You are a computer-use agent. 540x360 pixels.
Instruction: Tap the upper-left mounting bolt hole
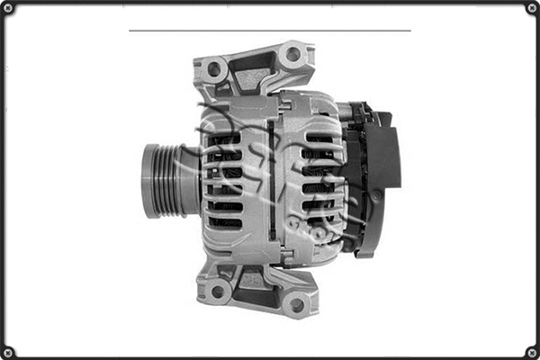pos(214,68)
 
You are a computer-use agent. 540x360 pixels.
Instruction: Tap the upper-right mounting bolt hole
pos(292,55)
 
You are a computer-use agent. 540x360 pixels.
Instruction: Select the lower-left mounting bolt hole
pos(216,291)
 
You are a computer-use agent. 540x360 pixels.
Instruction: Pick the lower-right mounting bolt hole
pos(295,305)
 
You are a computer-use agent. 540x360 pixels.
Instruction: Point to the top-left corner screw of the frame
pos(8,8)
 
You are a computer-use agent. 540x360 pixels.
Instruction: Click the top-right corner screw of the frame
pos(531,8)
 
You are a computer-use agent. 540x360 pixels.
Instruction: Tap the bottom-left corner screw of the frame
pos(8,351)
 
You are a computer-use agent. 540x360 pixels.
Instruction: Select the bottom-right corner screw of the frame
pos(531,351)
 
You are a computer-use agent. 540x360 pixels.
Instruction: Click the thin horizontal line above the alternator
pos(270,31)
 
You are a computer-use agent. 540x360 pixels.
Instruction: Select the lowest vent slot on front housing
pos(225,222)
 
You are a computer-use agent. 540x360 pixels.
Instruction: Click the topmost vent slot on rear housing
pos(319,139)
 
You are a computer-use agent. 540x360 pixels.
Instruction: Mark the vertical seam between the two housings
pos(271,180)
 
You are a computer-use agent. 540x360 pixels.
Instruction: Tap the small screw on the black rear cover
pos(374,196)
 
